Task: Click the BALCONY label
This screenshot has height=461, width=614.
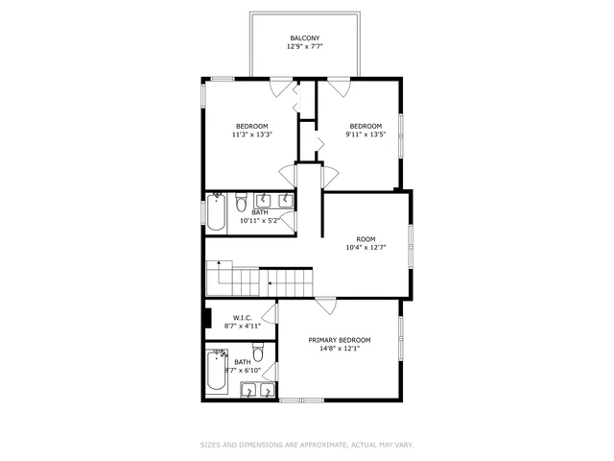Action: click(305, 37)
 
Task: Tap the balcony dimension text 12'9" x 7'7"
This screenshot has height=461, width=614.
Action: click(305, 46)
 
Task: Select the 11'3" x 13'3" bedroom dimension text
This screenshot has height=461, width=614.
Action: click(252, 134)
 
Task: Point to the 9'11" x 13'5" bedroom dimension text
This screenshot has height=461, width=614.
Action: click(366, 134)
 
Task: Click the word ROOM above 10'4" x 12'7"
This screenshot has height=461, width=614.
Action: click(366, 239)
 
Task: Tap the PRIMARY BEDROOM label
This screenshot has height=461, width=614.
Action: click(339, 340)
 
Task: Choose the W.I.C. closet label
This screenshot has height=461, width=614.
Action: click(241, 317)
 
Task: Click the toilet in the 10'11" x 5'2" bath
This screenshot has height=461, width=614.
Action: click(241, 201)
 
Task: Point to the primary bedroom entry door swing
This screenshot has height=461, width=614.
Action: click(326, 306)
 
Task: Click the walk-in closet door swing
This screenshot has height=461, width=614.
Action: click(270, 313)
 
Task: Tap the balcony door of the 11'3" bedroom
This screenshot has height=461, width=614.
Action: click(281, 86)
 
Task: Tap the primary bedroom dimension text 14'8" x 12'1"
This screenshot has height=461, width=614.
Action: click(339, 350)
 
